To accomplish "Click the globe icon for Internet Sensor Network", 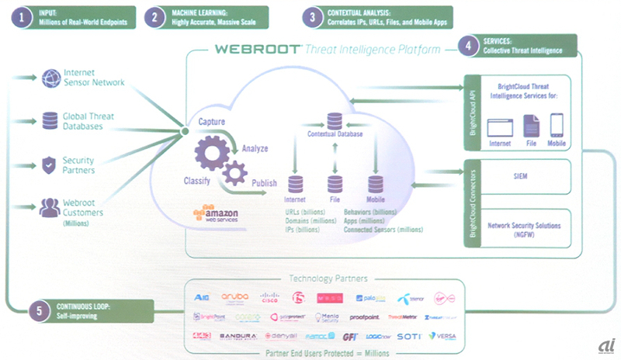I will click(50, 78).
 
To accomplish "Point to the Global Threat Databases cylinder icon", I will click(50, 120).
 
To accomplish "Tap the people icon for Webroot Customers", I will click(50, 206).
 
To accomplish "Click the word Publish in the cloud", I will click(265, 183).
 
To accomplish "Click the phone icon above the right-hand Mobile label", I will click(556, 126).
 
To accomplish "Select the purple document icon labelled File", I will click(531, 126).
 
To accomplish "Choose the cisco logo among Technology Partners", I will click(270, 297).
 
